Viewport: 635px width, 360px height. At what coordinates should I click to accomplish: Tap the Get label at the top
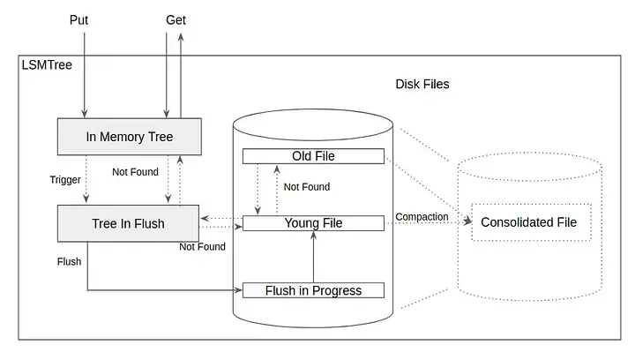coord(176,19)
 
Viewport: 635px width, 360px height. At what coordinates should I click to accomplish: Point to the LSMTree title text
coord(46,66)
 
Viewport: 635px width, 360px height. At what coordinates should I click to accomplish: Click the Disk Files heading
coord(422,84)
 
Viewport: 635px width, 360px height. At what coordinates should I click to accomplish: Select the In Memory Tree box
coord(129,137)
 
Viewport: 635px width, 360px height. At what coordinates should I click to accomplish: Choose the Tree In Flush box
coord(128,223)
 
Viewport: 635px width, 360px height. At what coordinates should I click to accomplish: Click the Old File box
coord(313,156)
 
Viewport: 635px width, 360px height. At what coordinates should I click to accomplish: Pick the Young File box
coord(313,223)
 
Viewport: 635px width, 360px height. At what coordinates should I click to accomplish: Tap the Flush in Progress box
coord(313,290)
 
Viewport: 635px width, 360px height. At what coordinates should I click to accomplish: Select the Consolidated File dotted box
coord(528,222)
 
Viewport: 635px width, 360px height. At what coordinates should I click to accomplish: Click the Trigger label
coord(65,180)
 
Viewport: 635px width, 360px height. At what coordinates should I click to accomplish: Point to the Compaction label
coord(422,216)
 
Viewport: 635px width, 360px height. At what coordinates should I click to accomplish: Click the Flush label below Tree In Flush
coord(69,261)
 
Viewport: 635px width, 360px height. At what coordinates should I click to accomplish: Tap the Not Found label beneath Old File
coord(307,187)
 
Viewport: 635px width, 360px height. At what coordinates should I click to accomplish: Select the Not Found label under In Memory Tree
coord(135,171)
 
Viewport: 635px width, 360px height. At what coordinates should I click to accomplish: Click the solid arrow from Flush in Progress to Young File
coord(314,257)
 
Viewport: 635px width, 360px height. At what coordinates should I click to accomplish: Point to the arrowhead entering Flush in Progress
coord(238,289)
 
